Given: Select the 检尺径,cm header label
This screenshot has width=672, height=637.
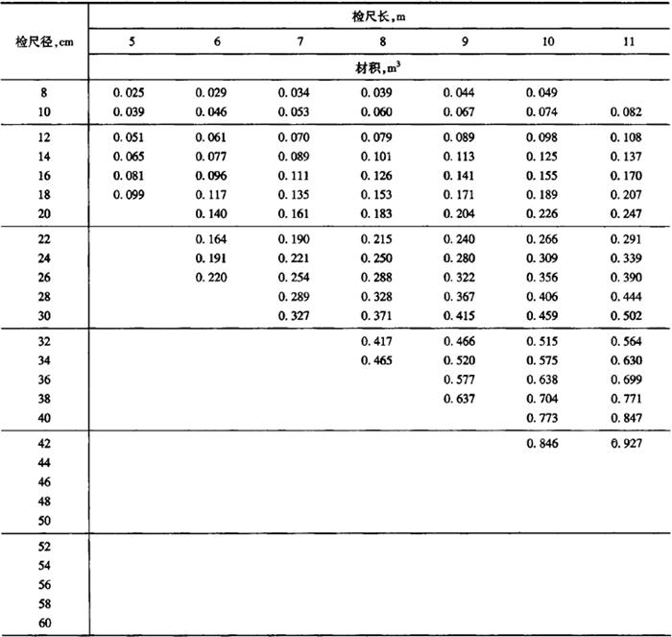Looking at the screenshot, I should point(44,42).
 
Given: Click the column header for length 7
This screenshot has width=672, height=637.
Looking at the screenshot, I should point(300,43).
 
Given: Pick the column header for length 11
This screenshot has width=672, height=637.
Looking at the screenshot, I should point(629,43).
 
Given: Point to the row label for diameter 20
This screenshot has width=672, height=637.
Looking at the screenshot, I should point(44,213).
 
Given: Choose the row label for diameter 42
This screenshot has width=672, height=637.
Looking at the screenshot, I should point(44,444).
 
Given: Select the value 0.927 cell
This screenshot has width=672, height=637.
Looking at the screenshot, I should point(629,444).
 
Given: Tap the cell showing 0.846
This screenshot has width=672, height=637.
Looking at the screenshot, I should point(546,444).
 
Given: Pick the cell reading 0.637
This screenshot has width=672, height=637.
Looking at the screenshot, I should point(464,399).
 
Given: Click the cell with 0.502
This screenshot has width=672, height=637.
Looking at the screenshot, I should point(629,316).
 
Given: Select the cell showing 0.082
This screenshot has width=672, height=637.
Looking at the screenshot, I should point(629,112).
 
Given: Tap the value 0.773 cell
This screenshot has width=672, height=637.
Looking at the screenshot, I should point(546,418).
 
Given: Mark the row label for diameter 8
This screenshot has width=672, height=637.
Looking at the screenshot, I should point(44,93).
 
